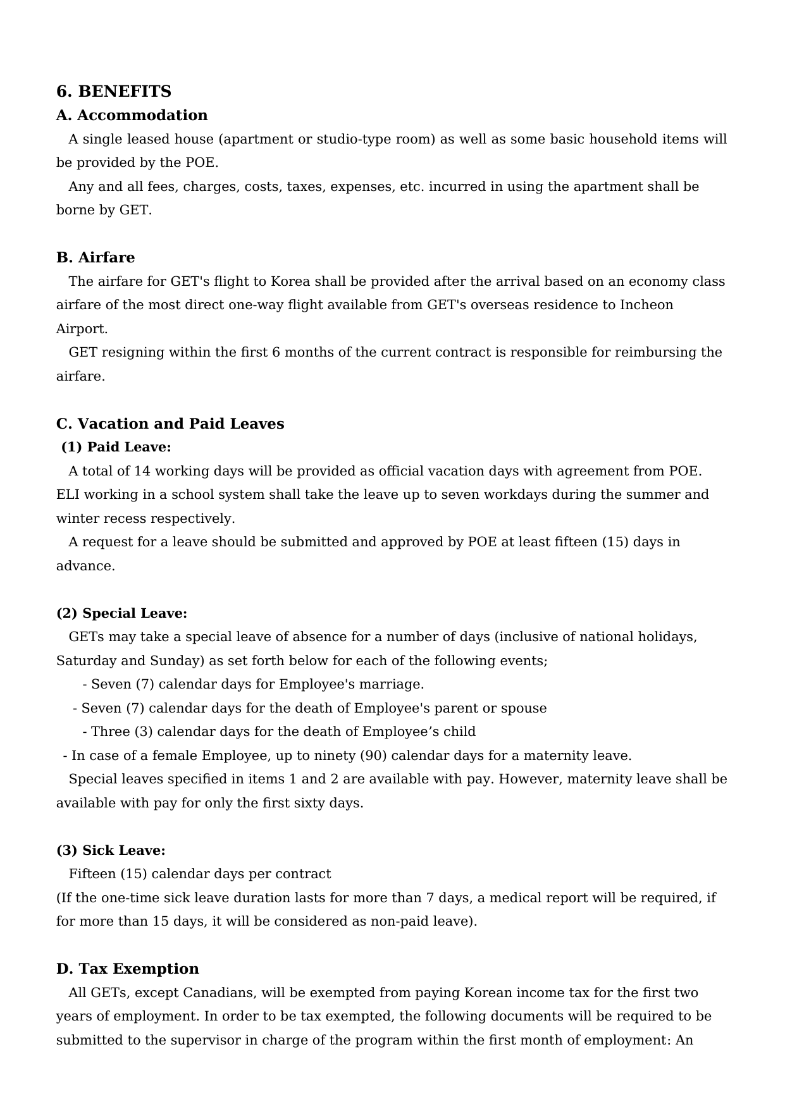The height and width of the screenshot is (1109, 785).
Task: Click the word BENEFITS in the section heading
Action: click(125, 92)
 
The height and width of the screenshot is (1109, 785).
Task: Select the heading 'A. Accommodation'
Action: click(132, 115)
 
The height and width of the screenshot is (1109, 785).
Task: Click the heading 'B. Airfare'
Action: click(96, 257)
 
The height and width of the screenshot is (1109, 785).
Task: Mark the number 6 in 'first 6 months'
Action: click(276, 352)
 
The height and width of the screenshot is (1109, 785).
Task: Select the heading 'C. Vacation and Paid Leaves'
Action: click(170, 424)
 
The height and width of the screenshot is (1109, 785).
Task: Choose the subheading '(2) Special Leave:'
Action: click(121, 613)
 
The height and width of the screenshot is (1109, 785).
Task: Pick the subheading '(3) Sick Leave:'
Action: click(111, 850)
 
